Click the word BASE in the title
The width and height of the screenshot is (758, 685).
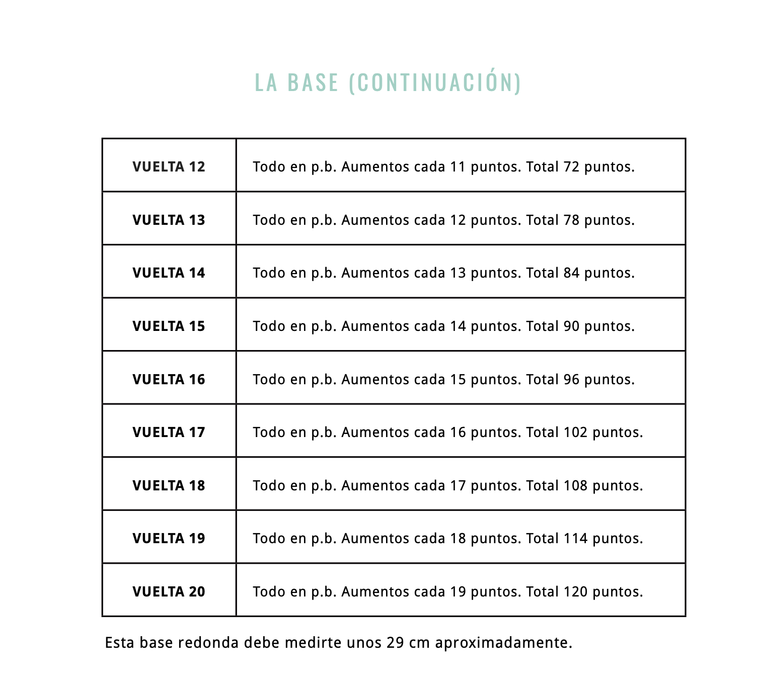[x=313, y=82]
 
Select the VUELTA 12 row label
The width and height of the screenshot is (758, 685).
[x=169, y=166]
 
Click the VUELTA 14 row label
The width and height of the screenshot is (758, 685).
[x=169, y=273]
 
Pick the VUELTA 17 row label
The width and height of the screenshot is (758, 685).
[x=169, y=432]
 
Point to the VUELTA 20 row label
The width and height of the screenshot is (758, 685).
[x=169, y=591]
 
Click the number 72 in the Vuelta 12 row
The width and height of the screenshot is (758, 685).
[x=572, y=166]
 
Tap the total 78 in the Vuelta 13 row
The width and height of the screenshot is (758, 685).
[x=572, y=220]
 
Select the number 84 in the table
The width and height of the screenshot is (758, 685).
[x=572, y=273]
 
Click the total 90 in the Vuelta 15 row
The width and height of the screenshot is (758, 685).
[x=572, y=326]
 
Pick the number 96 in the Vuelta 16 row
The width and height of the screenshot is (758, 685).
[x=572, y=379]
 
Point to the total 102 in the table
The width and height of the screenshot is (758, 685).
[x=575, y=432]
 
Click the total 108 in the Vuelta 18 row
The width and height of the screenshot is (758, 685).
[x=575, y=485]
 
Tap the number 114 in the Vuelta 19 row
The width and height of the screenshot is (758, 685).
[x=575, y=538]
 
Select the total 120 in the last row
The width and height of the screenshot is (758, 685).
[x=575, y=591]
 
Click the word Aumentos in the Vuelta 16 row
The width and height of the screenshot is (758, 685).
[x=375, y=379]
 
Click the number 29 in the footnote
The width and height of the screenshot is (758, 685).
[x=395, y=643]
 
